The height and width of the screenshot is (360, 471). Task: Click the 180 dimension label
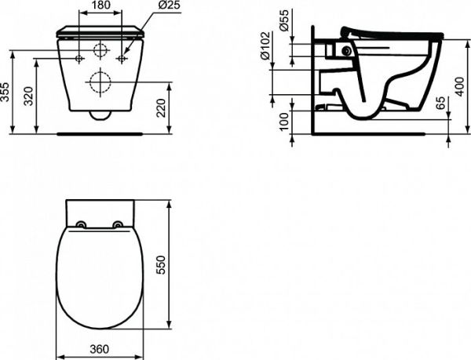[x=100, y=5]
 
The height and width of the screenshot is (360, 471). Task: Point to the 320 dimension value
[x=29, y=96]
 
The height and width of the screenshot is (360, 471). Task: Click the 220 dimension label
[x=161, y=108]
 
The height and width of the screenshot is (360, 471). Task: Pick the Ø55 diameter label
[x=284, y=20]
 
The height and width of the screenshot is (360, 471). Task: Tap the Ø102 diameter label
[x=266, y=45]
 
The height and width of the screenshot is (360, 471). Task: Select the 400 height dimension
[x=459, y=87]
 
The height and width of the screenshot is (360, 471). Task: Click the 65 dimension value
[x=440, y=104]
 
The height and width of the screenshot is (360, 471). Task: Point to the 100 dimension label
[x=284, y=121]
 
